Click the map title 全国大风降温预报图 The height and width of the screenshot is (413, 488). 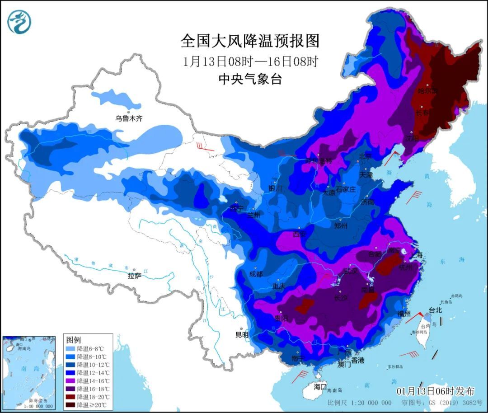pos(250,41)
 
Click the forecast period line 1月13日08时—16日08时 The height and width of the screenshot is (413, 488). pos(250,61)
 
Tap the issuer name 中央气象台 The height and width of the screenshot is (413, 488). pos(250,80)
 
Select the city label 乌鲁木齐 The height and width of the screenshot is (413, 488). pos(129,118)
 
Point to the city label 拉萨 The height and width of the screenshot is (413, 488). pos(134,276)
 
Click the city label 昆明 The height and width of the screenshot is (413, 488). pos(242,335)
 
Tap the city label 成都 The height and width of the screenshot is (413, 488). pos(256,274)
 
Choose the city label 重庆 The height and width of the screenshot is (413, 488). pos(278,286)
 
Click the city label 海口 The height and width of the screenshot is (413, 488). pos(320,387)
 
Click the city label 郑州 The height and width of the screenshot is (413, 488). pos(340,226)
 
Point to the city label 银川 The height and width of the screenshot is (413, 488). pos(275,188)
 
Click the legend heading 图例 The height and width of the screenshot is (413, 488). pos(73,339)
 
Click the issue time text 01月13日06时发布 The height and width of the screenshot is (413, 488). pos(435,391)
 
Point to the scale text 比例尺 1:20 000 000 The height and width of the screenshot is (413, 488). pos(360,403)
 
